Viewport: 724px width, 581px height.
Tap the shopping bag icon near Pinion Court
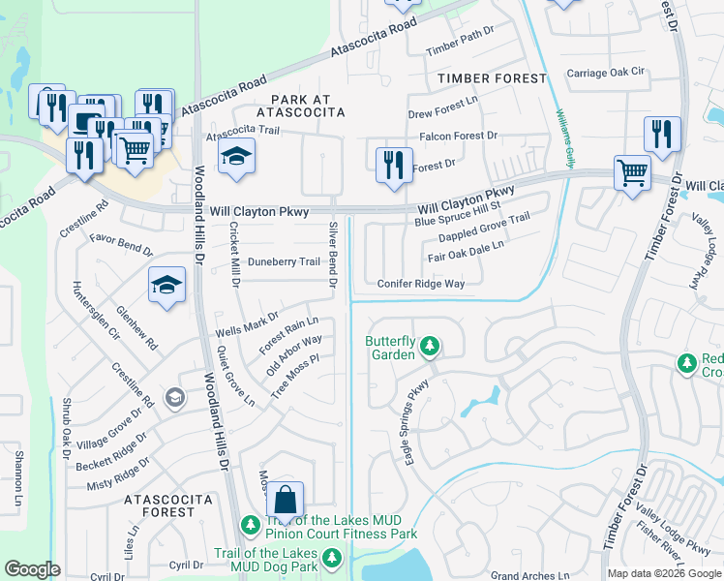pos(285,501)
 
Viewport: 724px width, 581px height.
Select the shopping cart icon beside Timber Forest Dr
pos(632,174)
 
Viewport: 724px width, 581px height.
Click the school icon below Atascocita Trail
pos(235,157)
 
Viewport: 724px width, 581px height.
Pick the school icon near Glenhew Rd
pos(166,286)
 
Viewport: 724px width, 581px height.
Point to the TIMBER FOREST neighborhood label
pos(492,77)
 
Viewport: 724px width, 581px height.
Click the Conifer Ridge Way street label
pos(421,284)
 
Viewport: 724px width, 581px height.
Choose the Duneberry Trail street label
pos(284,261)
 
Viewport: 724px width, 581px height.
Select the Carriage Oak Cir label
pos(605,73)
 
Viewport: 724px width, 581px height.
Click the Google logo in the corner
pos(33,569)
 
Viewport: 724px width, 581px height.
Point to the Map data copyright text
pos(663,573)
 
